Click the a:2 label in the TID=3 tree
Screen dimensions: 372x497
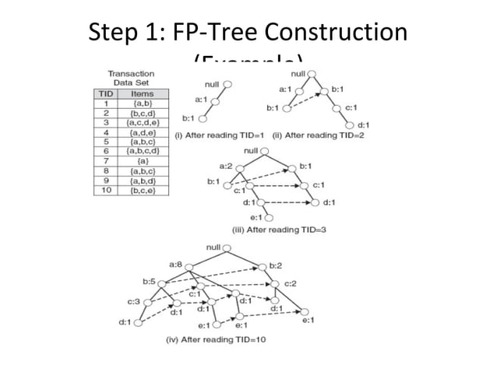(225, 165)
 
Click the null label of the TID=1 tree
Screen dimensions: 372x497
(211, 82)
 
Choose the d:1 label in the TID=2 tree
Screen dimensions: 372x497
(363, 125)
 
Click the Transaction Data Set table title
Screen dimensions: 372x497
(130, 79)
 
